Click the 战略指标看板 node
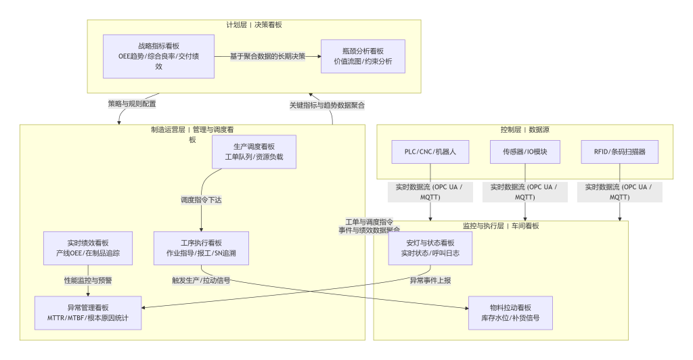159,56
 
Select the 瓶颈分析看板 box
363,56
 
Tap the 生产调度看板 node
254,152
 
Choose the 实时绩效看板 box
88,248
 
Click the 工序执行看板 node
201,248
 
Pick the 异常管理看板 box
88,313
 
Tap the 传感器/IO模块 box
525,152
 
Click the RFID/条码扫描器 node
620,152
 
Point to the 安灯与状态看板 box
430,248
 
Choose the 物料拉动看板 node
510,313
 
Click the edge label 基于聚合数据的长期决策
267,56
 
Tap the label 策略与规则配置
132,104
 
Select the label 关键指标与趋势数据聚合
327,105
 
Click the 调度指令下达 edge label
201,200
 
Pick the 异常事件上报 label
430,280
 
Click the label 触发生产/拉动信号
201,280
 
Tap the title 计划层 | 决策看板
254,25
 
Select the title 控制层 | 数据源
524,129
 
